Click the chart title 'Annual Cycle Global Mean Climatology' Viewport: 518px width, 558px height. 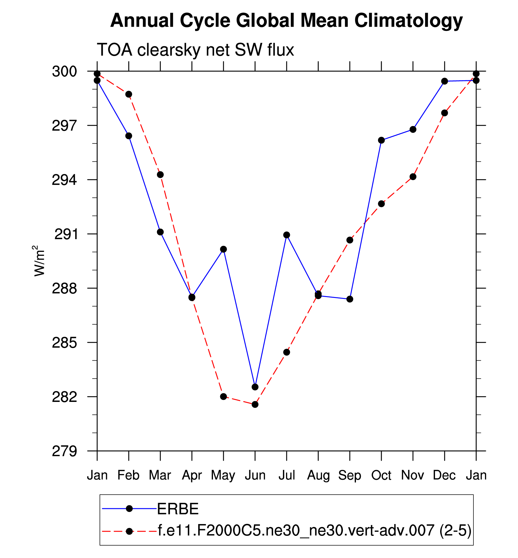point(286,21)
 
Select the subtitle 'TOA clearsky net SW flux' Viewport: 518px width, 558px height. point(195,50)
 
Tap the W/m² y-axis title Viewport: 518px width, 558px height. point(39,261)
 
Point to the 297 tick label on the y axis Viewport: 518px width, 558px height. point(64,126)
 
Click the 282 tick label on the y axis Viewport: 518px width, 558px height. point(64,397)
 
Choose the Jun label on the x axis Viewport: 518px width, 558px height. point(255,475)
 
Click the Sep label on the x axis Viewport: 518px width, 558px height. point(350,475)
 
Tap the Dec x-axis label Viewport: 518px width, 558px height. point(444,475)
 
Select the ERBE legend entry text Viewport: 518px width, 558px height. point(178,509)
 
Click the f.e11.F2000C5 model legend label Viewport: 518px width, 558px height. point(314,530)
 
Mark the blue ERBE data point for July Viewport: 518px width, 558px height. point(287,235)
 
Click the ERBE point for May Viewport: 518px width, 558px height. point(224,249)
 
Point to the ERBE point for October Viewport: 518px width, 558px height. point(381,140)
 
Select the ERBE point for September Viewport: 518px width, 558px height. point(350,299)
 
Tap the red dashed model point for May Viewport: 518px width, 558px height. point(224,396)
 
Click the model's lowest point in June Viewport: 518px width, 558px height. point(255,404)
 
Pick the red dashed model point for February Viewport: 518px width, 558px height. point(129,94)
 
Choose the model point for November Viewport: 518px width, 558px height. point(413,177)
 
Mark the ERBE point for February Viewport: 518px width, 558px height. point(129,136)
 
